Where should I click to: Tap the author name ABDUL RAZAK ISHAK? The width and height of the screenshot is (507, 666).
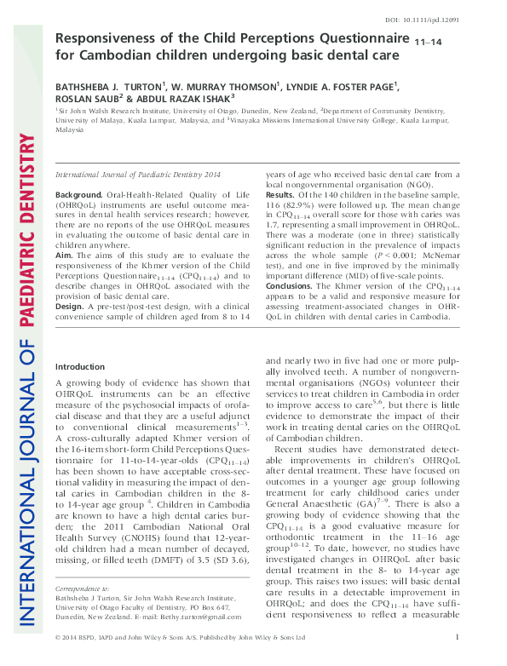tap(182, 98)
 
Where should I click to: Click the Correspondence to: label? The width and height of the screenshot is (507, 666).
tap(82, 611)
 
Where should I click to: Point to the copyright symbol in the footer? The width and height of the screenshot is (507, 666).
tap(58, 658)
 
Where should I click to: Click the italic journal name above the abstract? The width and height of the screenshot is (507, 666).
tap(131, 174)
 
